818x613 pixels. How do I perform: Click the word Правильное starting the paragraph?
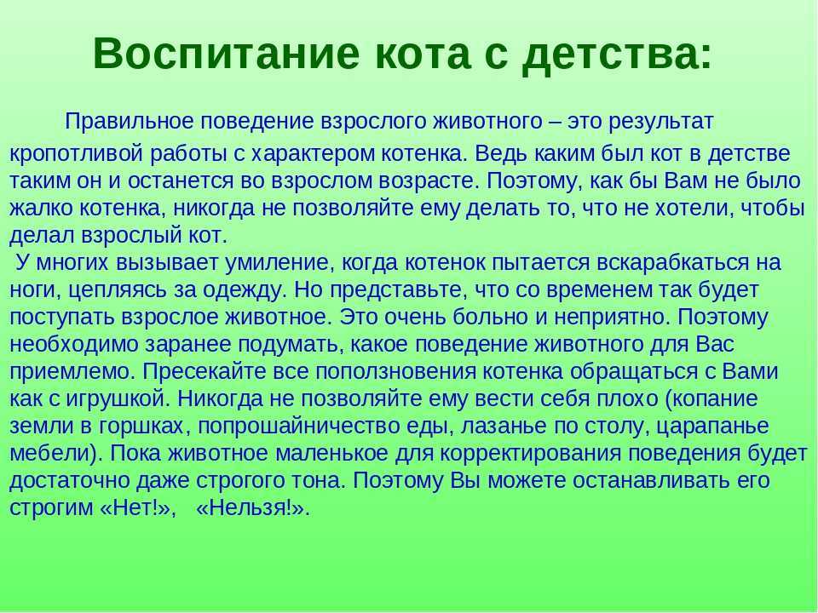pyautogui.click(x=129, y=122)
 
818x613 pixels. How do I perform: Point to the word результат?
pyautogui.click(x=660, y=123)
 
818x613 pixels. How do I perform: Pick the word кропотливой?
pyautogui.click(x=76, y=154)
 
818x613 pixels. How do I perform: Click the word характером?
pyautogui.click(x=313, y=154)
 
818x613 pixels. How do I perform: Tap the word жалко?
pyautogui.click(x=40, y=209)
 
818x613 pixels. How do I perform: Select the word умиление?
pyautogui.click(x=279, y=261)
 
